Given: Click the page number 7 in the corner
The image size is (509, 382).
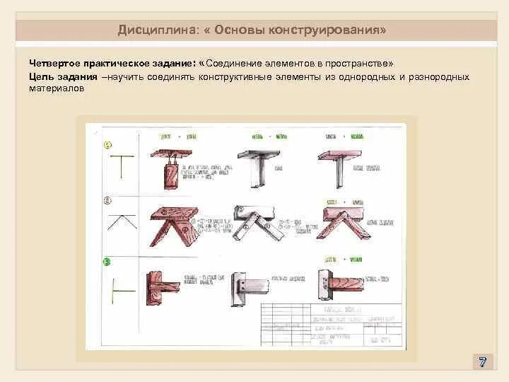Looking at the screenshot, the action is point(482,361).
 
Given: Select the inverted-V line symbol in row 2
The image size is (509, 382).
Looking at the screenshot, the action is point(121,219).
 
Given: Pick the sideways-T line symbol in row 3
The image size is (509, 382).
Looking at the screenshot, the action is point(120,289).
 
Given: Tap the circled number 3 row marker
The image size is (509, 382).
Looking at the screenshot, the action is point(107,262).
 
